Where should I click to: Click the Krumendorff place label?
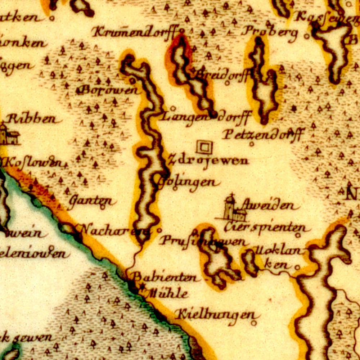tap(135, 32)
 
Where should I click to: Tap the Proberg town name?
tap(270, 32)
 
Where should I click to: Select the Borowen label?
tap(109, 90)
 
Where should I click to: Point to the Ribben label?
tap(32, 119)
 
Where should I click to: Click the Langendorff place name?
tap(206, 117)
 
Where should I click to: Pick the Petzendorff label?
tap(263, 135)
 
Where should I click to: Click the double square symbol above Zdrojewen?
tap(204, 147)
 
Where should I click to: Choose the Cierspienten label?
tap(266, 228)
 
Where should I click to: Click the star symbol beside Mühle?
tap(141, 287)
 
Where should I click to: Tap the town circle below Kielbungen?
tap(254, 323)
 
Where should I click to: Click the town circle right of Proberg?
tap(306, 36)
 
